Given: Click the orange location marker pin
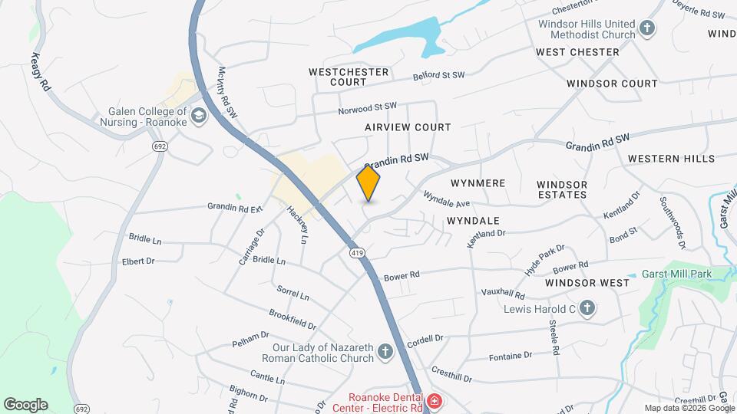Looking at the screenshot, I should click(x=368, y=184).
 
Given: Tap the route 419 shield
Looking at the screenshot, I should click(x=357, y=252).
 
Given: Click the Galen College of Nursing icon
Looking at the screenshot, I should click(x=199, y=116).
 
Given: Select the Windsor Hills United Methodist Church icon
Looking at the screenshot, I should click(x=647, y=29).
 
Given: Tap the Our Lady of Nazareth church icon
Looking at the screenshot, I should click(x=385, y=353).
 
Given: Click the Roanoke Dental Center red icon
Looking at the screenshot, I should click(x=434, y=401).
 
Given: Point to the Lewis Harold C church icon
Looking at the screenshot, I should click(x=587, y=309).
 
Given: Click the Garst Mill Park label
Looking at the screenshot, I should click(x=679, y=274).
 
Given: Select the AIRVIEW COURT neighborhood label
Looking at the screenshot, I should click(x=408, y=127).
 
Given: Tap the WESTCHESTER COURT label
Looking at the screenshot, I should click(x=349, y=77).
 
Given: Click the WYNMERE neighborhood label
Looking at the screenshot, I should click(x=478, y=183).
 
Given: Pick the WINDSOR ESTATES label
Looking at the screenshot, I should click(x=562, y=189).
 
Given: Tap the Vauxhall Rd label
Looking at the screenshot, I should click(x=504, y=294).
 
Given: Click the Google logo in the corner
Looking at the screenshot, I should click(x=25, y=405).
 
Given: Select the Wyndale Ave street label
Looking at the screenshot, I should click(x=446, y=200).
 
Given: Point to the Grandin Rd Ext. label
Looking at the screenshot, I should click(x=235, y=207).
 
